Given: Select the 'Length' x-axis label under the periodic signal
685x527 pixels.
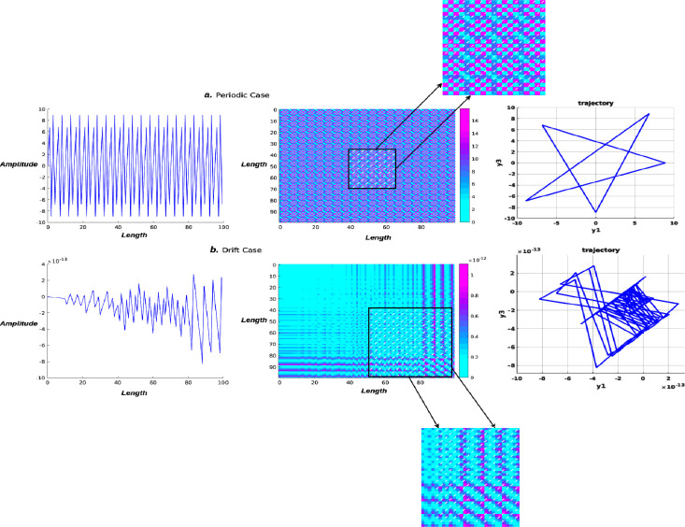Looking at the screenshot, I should pyautogui.click(x=135, y=235).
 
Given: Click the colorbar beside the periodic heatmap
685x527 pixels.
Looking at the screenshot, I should pyautogui.click(x=464, y=165).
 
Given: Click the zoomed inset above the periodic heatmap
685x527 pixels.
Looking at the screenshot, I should pyautogui.click(x=486, y=46).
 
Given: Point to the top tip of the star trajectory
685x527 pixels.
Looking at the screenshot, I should pyautogui.click(x=648, y=114).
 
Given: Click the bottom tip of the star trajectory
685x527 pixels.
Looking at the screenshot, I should pyautogui.click(x=596, y=212).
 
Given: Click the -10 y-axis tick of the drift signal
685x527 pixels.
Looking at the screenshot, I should pyautogui.click(x=35, y=377).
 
